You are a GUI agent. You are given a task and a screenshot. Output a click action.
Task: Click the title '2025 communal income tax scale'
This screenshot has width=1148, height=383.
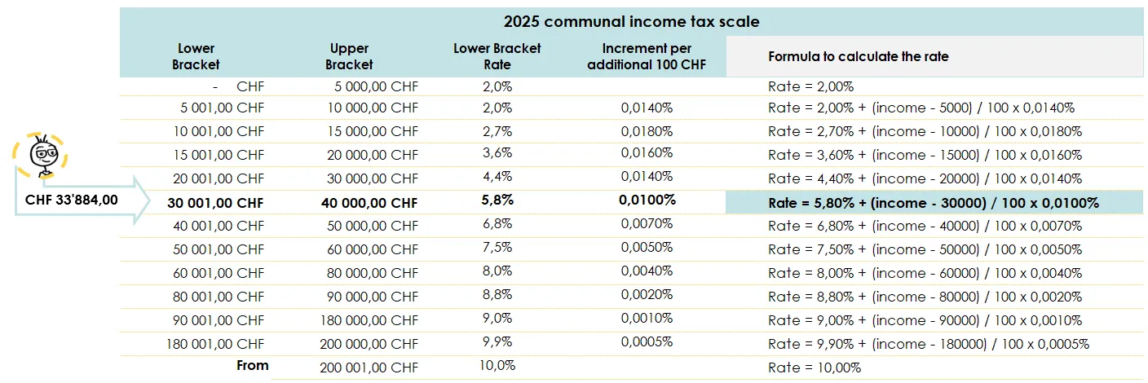coord(632,22)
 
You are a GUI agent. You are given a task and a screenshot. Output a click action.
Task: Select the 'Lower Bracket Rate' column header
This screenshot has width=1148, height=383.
coord(497,56)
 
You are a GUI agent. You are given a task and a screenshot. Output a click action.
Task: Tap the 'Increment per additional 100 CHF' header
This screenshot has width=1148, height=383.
coord(647,56)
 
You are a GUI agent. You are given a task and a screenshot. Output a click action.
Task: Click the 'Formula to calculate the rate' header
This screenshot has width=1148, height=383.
coord(858,57)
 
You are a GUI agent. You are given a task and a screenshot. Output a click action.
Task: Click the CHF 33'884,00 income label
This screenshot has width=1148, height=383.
coord(72,199)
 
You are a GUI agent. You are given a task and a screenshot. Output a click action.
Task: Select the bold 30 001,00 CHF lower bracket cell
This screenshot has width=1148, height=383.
coord(216,202)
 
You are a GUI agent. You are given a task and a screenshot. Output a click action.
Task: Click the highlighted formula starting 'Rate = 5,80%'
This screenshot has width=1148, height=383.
coord(934,202)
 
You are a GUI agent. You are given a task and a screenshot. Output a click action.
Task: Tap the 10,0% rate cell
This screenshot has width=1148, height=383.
coord(497,366)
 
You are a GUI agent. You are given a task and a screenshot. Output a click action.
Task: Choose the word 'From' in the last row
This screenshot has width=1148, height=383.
coord(252,366)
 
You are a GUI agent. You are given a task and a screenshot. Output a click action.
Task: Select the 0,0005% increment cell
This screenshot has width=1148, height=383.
coord(647,342)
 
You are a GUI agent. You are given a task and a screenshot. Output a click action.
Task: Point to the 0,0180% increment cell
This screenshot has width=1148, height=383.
coord(647,130)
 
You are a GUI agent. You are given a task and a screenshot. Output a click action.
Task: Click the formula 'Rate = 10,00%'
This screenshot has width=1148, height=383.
coord(815,368)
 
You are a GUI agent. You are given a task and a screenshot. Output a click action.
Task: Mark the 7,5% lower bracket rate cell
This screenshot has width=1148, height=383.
coord(497,248)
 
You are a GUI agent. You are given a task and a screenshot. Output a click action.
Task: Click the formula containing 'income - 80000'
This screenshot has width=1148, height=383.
coord(925,297)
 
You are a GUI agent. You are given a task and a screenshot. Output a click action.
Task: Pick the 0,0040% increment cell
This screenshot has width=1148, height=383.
coord(647,271)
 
